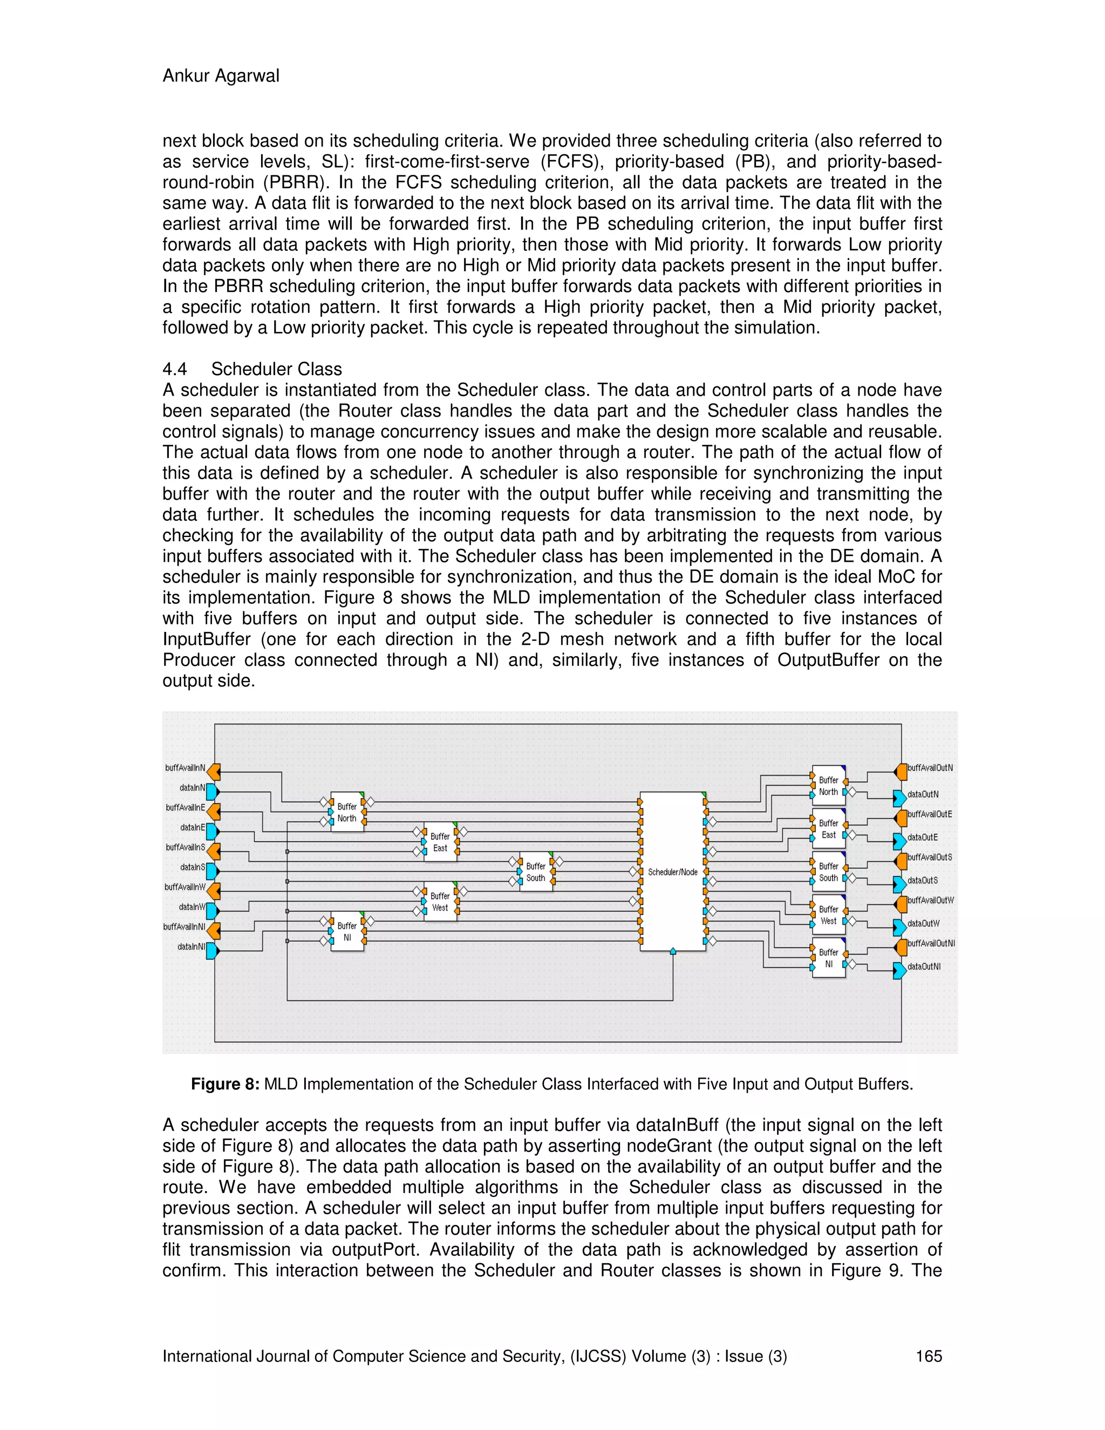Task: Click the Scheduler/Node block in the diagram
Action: pos(672,871)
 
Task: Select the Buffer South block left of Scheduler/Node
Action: pos(535,871)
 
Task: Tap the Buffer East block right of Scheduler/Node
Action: pos(828,829)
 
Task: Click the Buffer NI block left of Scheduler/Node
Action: pos(347,931)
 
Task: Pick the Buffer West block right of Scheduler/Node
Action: pos(828,915)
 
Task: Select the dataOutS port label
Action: pos(922,880)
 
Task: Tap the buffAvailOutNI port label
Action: pos(931,943)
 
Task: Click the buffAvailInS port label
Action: pos(185,847)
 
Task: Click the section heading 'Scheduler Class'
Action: pos(276,369)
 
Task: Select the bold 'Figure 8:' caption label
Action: pos(225,1084)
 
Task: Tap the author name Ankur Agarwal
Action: pos(221,76)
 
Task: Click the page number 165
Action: pos(928,1356)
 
